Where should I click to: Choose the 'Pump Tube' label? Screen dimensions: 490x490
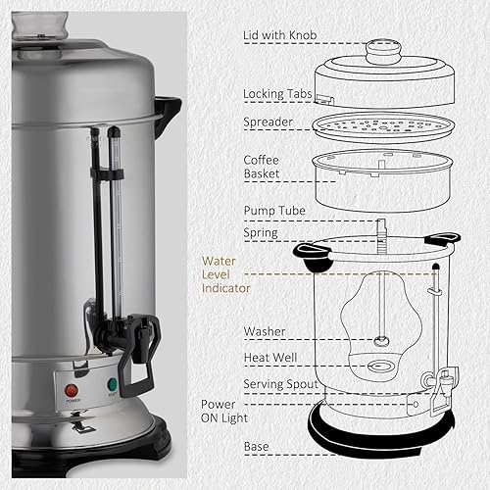[274, 210]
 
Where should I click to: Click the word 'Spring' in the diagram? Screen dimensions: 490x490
[261, 233]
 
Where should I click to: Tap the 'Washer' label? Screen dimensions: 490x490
[265, 331]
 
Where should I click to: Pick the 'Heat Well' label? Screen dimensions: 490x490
[270, 360]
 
